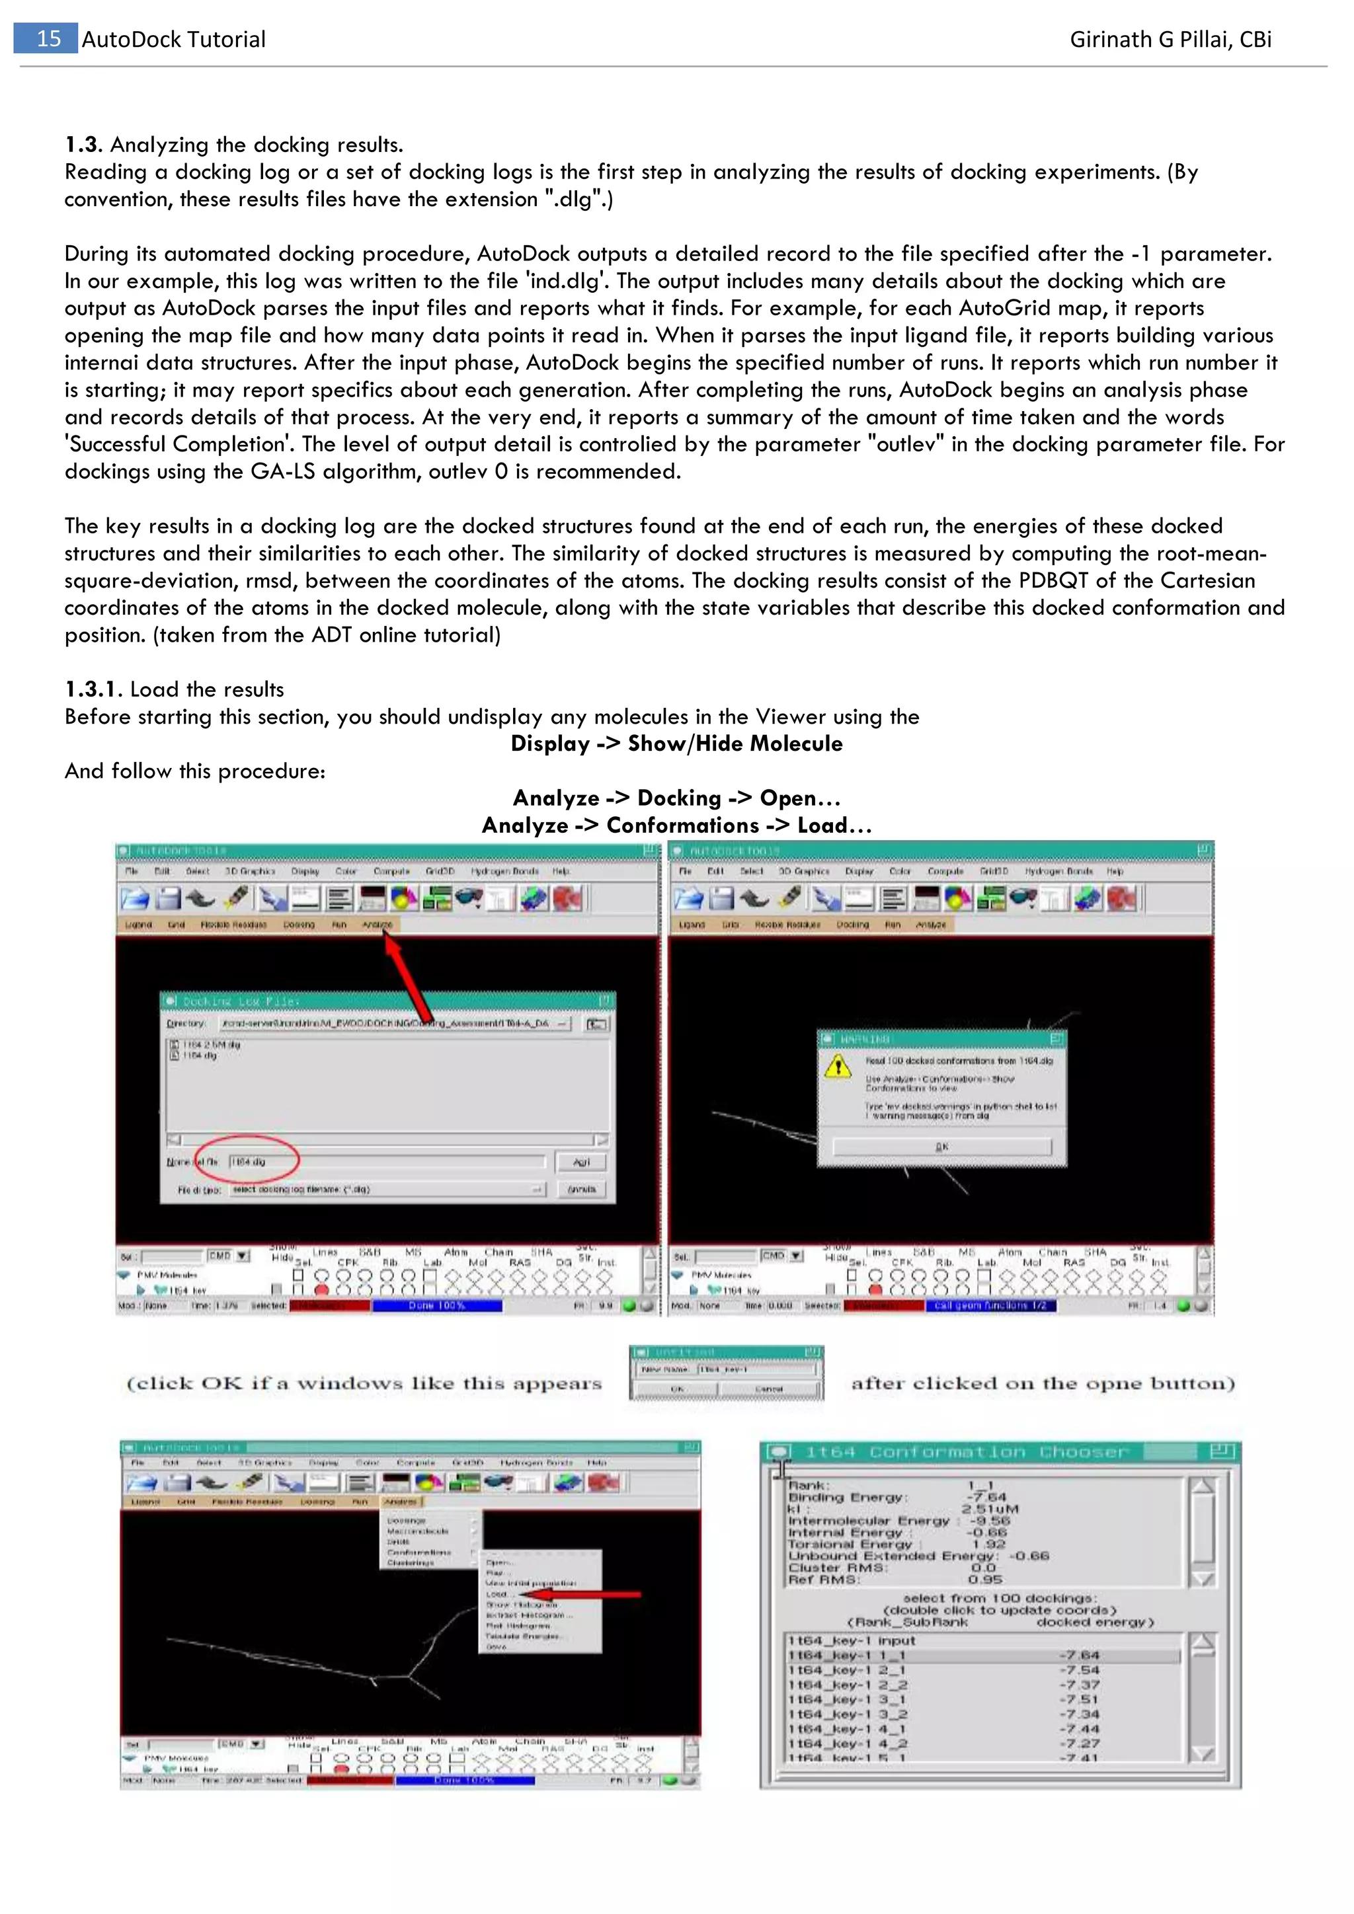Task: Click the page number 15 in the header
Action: pos(48,38)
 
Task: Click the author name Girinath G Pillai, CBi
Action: pos(1170,39)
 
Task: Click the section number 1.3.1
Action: pos(93,689)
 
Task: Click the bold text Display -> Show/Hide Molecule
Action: pos(676,744)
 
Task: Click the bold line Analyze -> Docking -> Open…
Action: pos(676,798)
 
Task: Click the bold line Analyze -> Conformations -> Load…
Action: pos(676,825)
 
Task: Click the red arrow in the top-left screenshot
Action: pos(409,976)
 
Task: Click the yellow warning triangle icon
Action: pos(837,1066)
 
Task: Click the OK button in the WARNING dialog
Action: pos(942,1147)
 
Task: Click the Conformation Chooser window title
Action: pos(967,1452)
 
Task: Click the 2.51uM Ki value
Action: pos(990,1509)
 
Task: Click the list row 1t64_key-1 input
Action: pos(850,1640)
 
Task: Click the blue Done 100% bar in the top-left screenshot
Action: pos(437,1305)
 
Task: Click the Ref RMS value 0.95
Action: pos(986,1579)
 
